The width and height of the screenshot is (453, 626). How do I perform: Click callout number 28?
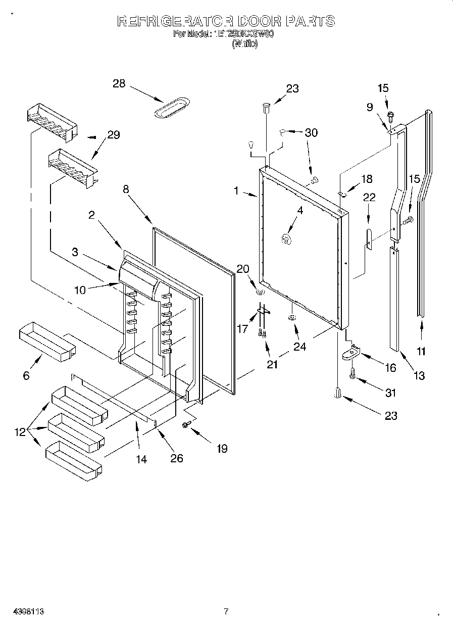(119, 84)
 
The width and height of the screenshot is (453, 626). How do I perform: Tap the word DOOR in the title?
(253, 21)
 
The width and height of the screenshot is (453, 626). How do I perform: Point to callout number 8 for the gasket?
(126, 189)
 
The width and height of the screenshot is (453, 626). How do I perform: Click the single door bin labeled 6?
(47, 343)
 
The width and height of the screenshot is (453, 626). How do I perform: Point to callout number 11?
(421, 351)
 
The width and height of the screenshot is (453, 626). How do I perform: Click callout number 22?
(369, 197)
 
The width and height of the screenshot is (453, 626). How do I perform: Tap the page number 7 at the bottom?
(226, 611)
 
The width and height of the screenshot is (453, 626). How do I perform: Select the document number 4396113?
(29, 611)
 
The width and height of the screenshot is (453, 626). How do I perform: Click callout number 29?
(113, 135)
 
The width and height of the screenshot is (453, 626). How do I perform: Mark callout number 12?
(19, 432)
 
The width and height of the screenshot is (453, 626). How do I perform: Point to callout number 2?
(91, 215)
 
